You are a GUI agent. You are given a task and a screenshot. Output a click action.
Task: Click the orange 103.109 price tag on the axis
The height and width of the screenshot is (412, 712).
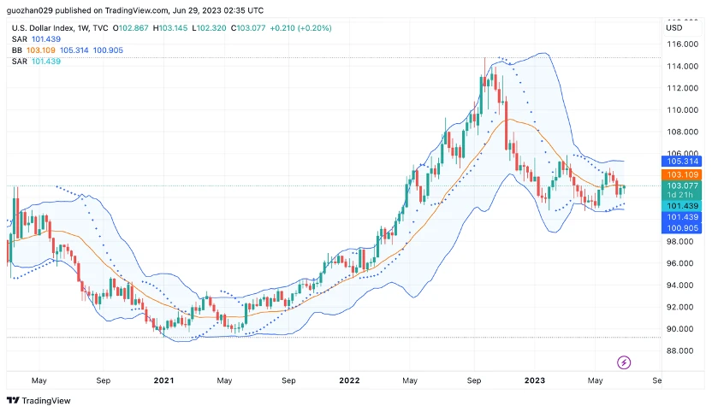pyautogui.click(x=682, y=174)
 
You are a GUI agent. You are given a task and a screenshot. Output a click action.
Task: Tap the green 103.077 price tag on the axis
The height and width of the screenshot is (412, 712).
pyautogui.click(x=682, y=185)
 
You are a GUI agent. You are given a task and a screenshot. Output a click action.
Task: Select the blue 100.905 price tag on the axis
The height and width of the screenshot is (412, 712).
pyautogui.click(x=682, y=228)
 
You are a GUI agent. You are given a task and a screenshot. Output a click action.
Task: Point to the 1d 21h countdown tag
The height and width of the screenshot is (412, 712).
pyautogui.click(x=682, y=196)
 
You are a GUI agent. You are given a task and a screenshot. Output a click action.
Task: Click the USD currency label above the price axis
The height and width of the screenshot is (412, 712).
pyautogui.click(x=673, y=27)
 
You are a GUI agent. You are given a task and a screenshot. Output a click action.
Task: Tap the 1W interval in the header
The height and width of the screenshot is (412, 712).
pyautogui.click(x=84, y=28)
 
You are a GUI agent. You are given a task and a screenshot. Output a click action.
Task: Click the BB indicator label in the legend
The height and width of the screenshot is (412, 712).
pyautogui.click(x=17, y=50)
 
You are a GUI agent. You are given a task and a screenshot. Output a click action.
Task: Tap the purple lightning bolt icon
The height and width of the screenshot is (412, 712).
pyautogui.click(x=624, y=362)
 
